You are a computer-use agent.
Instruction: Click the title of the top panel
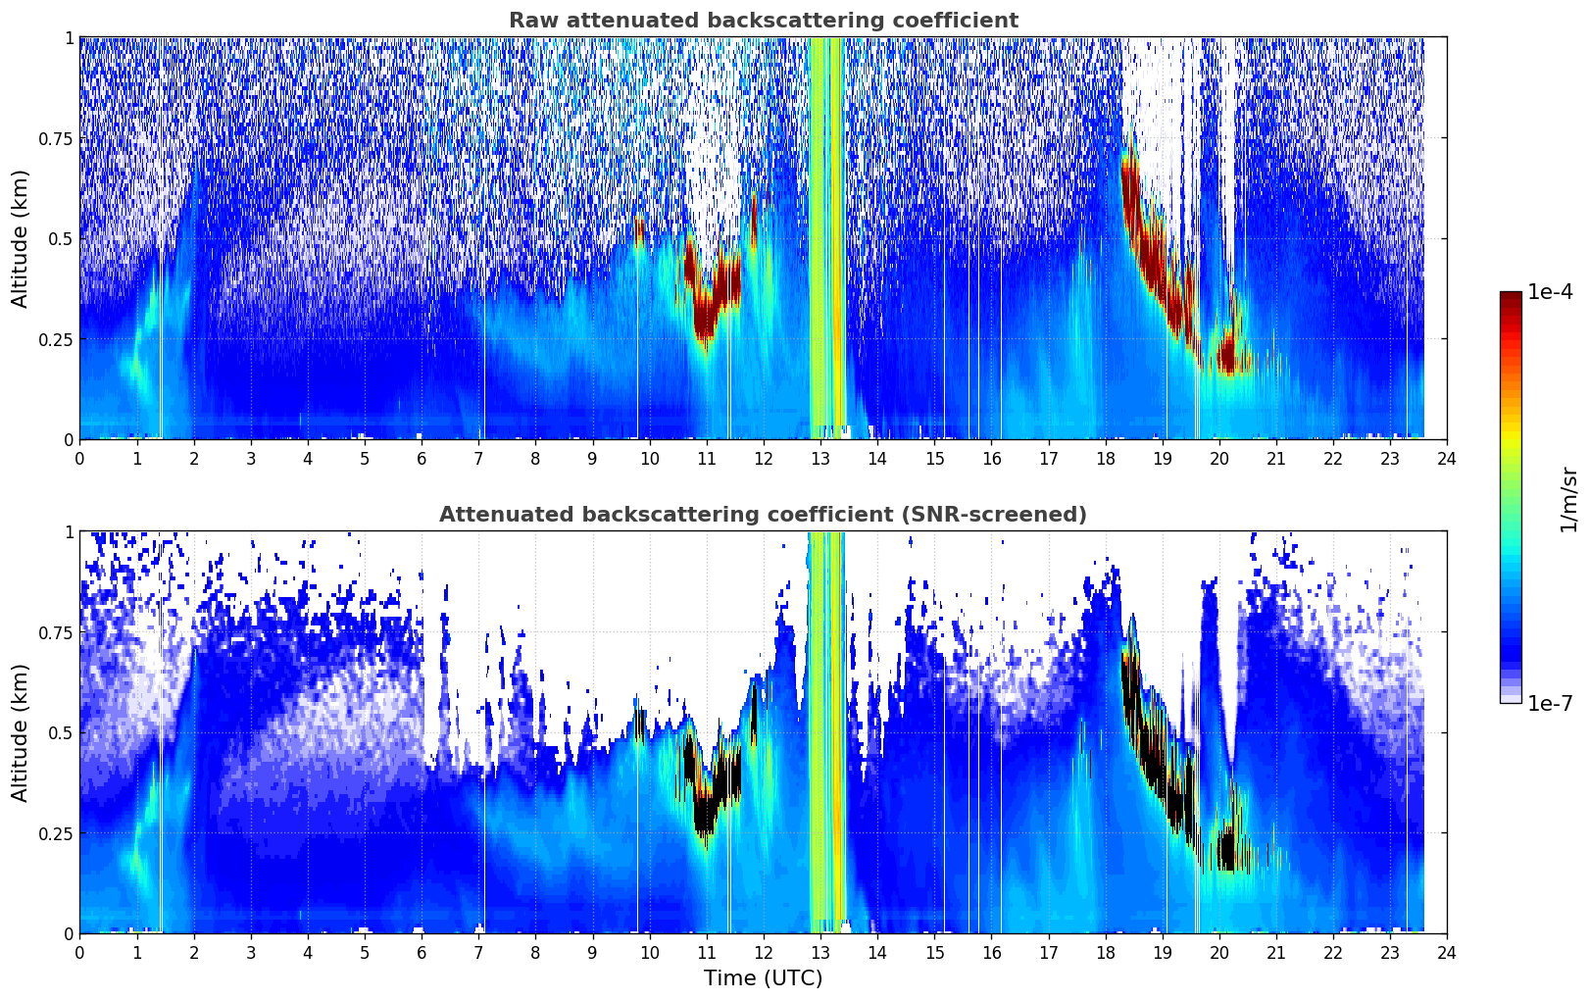tap(764, 20)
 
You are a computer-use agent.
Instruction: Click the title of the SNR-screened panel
tap(764, 514)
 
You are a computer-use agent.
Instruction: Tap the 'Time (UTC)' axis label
tap(764, 978)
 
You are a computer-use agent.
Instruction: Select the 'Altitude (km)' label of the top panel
tap(20, 239)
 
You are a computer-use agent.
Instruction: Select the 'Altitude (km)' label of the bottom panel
tap(20, 733)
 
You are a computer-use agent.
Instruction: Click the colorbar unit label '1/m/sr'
tap(1569, 499)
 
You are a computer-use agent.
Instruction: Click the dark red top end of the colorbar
tap(1511, 296)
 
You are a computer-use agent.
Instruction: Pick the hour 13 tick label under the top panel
tap(820, 458)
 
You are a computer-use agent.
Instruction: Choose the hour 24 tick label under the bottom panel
tap(1447, 953)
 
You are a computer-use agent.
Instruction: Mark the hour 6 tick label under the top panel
tap(422, 458)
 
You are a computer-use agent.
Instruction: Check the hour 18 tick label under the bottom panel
tap(1105, 953)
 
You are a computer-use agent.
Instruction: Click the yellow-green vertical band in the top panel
tap(827, 238)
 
